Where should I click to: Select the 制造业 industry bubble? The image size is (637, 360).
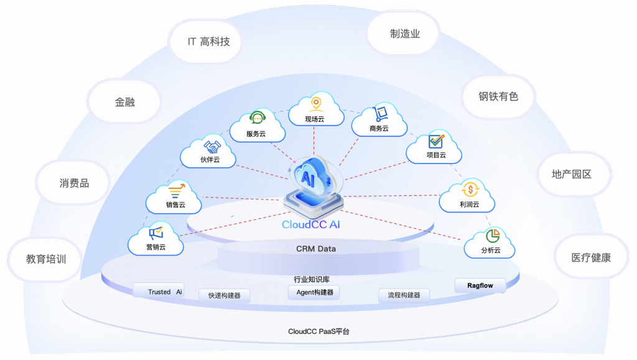(x=405, y=34)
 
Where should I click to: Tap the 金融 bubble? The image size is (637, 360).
(x=124, y=102)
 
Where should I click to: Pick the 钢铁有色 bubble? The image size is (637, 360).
(x=498, y=96)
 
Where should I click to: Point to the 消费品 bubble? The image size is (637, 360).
(x=74, y=183)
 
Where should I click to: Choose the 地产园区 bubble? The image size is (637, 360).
(x=571, y=174)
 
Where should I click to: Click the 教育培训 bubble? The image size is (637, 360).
(x=45, y=259)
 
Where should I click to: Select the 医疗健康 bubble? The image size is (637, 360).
(x=591, y=257)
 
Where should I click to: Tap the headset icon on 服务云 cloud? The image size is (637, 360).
(x=257, y=118)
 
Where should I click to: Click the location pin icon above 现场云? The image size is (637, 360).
(x=315, y=103)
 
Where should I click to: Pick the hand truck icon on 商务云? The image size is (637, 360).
(x=379, y=114)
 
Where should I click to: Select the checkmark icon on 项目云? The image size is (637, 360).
(x=436, y=141)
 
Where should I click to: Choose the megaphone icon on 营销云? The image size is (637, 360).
(x=156, y=233)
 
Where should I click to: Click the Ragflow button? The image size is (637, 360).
(x=480, y=285)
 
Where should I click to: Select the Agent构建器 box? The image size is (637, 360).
(x=314, y=292)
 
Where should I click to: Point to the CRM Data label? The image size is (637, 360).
(x=315, y=249)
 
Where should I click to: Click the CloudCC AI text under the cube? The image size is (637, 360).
(x=311, y=224)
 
